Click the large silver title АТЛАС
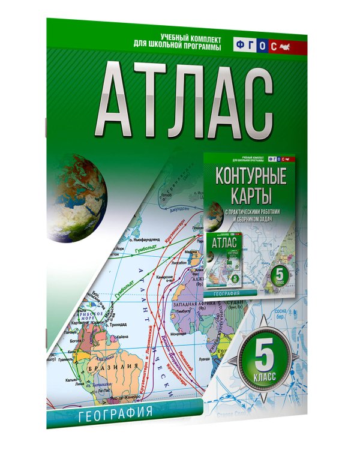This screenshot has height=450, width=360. [x=181, y=99]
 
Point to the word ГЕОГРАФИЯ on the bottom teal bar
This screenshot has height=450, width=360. [x=113, y=413]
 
